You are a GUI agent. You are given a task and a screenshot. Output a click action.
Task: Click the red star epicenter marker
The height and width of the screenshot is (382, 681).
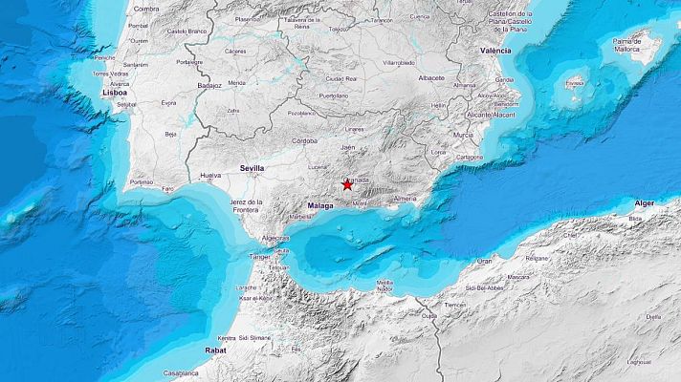pos(347,185)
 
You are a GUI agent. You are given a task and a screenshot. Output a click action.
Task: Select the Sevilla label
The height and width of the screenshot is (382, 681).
pos(253,168)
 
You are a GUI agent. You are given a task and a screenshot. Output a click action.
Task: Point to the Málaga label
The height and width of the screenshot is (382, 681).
pos(320,205)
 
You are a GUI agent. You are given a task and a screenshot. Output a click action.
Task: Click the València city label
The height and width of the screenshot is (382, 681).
pos(494,50)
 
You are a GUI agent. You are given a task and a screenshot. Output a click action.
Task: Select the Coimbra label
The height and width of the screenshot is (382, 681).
pos(146,9)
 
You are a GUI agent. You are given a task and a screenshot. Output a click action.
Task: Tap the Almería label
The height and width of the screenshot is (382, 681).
pos(406,199)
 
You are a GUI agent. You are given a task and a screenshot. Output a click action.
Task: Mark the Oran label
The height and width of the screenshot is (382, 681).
pos(485,261)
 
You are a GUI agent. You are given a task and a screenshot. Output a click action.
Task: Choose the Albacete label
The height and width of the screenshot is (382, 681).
pos(431,77)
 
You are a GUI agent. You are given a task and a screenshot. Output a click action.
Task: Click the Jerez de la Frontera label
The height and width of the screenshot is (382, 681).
pos(247,206)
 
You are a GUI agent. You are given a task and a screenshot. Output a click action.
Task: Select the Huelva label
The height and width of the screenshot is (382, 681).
pos(210,176)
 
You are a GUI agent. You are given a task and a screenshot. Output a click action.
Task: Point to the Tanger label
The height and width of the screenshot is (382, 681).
pos(260,256)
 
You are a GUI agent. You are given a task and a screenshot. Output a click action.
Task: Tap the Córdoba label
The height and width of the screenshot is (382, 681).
pos(305,140)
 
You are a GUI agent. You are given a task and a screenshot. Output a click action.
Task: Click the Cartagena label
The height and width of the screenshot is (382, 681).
pos(469,158)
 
